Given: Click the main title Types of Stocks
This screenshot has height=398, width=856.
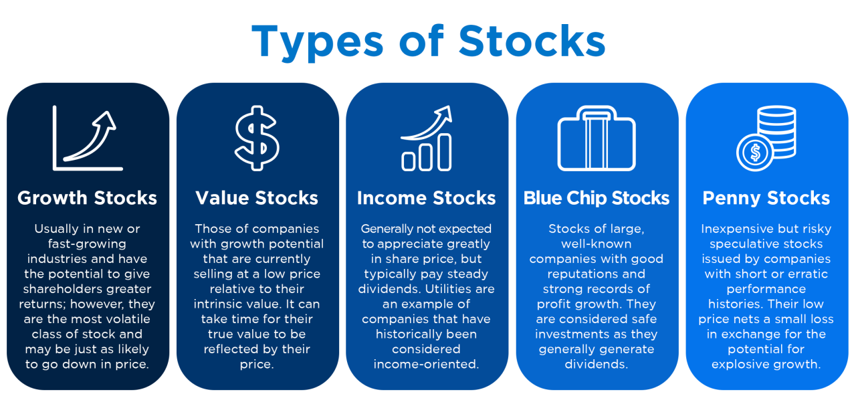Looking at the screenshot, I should [428, 41].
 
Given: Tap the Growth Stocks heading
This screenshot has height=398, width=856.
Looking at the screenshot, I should [88, 198].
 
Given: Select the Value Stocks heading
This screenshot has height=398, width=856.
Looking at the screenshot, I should [257, 198].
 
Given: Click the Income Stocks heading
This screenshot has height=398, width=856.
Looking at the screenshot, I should [427, 198].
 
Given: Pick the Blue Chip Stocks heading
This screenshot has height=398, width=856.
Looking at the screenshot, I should [597, 198].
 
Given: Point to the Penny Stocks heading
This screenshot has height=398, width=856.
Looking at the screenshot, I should [766, 198].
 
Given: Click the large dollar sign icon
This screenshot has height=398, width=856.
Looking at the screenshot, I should [257, 138].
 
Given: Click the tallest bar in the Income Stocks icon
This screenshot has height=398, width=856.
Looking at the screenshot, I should [443, 152].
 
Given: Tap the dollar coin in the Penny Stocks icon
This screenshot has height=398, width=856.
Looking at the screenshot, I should [755, 153].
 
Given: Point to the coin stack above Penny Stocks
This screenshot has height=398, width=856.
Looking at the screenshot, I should [776, 130].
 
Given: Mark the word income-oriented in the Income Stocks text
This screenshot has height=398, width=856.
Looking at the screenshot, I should [427, 365].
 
